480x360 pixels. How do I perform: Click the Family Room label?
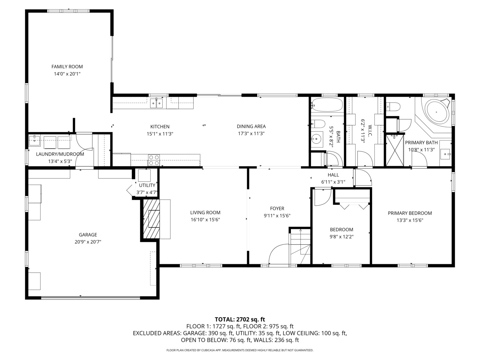click(x=67, y=67)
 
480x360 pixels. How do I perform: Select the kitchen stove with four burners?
click(x=154, y=160)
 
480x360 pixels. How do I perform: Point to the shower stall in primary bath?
click(x=395, y=150)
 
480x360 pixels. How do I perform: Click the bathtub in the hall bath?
click(x=327, y=105)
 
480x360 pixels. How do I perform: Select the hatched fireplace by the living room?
click(x=152, y=219)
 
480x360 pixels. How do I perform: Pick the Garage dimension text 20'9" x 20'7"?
click(x=88, y=242)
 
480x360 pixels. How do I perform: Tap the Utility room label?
click(x=147, y=185)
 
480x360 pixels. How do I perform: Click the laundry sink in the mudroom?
click(x=34, y=141)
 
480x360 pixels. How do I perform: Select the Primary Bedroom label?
click(x=410, y=213)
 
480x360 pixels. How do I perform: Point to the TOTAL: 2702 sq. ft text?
click(x=240, y=319)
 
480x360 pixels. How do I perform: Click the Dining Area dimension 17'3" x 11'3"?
click(x=251, y=134)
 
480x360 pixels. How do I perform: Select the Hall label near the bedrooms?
click(x=333, y=175)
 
